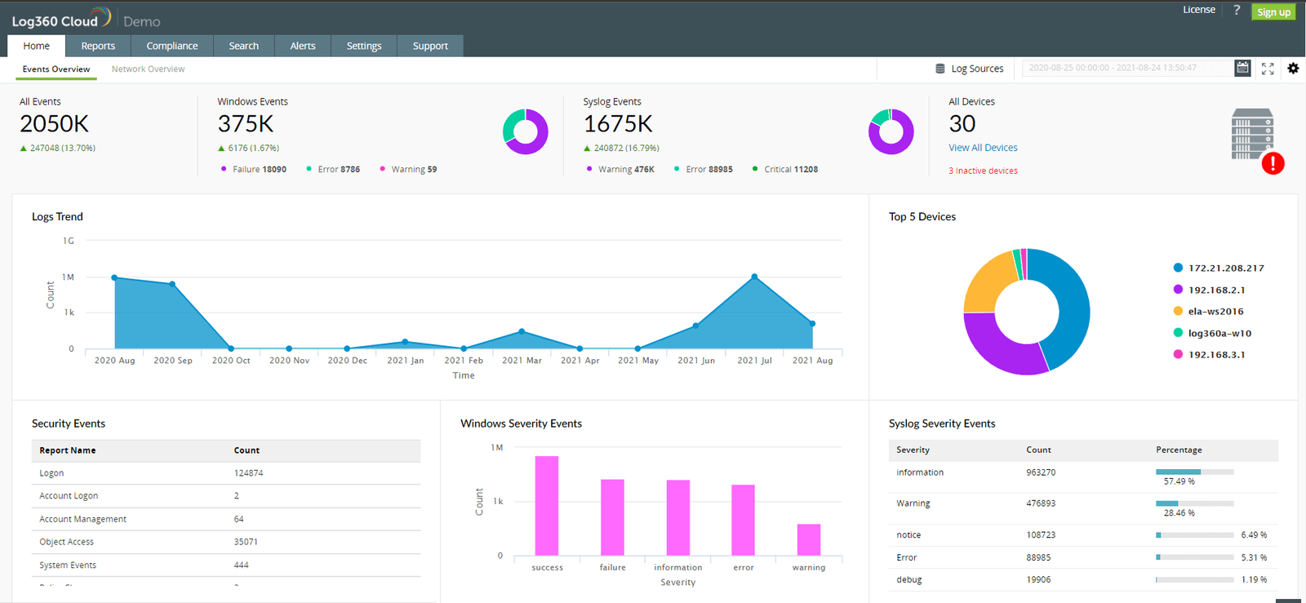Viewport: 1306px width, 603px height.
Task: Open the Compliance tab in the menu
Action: click(x=171, y=46)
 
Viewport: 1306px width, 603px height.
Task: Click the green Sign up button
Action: click(x=1273, y=12)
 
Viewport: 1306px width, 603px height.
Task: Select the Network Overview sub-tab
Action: click(x=148, y=69)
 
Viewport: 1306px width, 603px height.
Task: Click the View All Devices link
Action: click(x=983, y=148)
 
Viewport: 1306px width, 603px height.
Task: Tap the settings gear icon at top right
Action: click(x=1293, y=69)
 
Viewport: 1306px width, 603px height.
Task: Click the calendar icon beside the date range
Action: click(x=1242, y=69)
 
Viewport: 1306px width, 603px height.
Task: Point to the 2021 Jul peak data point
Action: click(x=754, y=277)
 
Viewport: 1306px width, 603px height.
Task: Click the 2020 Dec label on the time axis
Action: click(x=347, y=361)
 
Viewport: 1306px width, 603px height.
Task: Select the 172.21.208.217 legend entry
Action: click(x=1225, y=268)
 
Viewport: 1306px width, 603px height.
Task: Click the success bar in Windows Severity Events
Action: click(x=546, y=506)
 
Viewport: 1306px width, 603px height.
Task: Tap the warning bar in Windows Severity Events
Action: click(x=808, y=539)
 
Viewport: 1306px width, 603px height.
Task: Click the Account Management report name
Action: click(x=82, y=519)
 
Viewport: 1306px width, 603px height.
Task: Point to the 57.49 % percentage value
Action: click(x=1179, y=481)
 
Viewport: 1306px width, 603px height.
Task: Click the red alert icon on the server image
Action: click(x=1273, y=164)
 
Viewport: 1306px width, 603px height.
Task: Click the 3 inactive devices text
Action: click(x=983, y=171)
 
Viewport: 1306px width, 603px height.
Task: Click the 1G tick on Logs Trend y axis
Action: click(x=69, y=241)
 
